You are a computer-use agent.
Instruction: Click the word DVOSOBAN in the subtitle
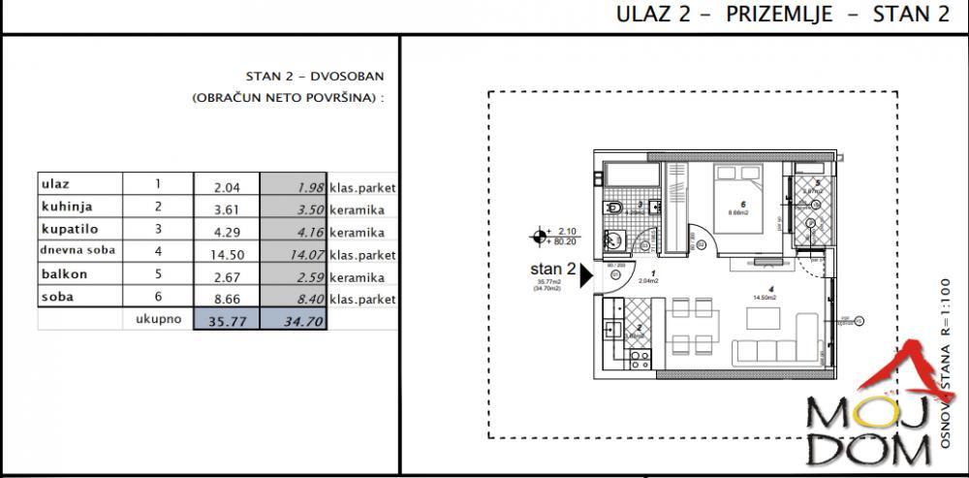pyautogui.click(x=347, y=75)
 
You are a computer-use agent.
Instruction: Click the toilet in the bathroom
pyautogui.click(x=612, y=207)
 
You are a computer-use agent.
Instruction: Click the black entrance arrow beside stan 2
pyautogui.click(x=586, y=277)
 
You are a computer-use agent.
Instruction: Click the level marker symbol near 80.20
pyautogui.click(x=540, y=235)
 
